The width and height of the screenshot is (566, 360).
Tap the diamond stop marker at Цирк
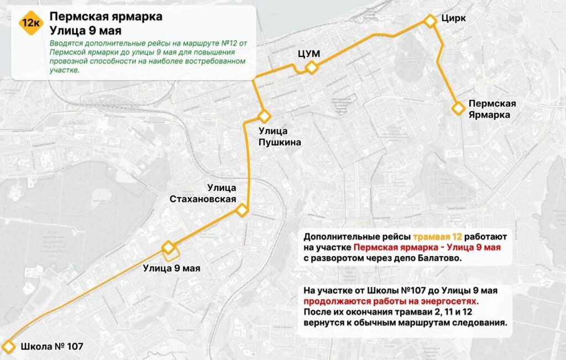click(x=430, y=21)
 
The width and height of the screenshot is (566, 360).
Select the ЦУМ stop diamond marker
click(x=312, y=68)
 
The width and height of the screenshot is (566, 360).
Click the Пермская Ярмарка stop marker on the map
click(x=458, y=108)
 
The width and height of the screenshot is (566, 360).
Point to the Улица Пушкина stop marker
click(x=264, y=117)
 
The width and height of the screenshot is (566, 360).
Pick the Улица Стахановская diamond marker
click(x=242, y=210)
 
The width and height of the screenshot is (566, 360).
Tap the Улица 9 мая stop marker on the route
click(x=168, y=247)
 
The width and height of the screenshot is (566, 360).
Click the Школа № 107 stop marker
click(x=9, y=347)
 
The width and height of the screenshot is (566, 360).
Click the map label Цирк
click(x=453, y=18)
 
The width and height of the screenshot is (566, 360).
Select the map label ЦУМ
click(x=309, y=53)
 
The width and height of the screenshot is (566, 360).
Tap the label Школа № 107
click(x=51, y=347)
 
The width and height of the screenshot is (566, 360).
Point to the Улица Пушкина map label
click(x=280, y=137)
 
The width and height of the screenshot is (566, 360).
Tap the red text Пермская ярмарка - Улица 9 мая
click(x=427, y=247)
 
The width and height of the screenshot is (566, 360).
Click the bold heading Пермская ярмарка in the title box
click(x=106, y=17)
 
